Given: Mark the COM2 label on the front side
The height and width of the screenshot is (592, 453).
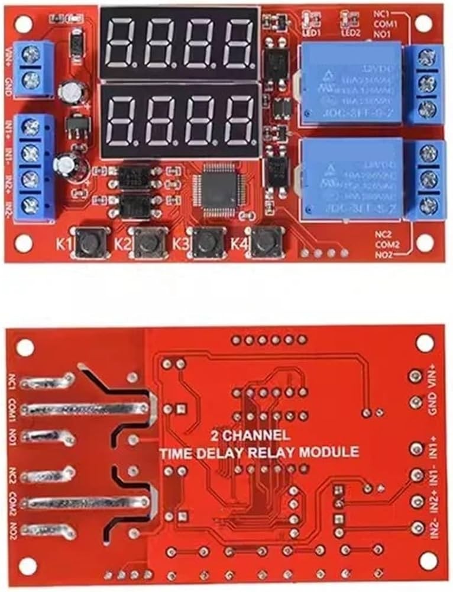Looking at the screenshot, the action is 387,244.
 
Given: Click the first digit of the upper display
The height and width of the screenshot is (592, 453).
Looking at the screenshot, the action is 122,42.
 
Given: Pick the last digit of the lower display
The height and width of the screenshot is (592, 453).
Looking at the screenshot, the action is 237,121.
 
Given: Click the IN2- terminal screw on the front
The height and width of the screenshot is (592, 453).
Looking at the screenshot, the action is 29,206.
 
